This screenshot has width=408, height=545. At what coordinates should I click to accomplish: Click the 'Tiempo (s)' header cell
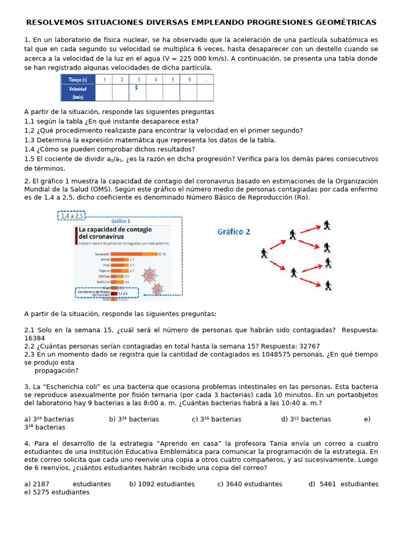click(x=78, y=79)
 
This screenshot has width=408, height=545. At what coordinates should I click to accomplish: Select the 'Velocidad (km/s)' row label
click(x=78, y=93)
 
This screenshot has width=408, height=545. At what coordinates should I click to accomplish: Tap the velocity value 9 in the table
click(x=137, y=88)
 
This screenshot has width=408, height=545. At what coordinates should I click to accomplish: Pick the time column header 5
click(x=172, y=79)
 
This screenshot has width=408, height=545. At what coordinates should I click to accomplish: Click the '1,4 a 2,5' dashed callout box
click(x=72, y=216)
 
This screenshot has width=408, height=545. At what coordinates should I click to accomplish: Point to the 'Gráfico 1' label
click(x=121, y=221)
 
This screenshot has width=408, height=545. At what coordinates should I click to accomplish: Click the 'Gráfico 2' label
click(x=234, y=232)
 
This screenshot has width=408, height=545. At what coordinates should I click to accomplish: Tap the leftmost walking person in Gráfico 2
click(x=265, y=253)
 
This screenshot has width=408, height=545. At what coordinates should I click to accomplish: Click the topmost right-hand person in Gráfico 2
click(x=327, y=225)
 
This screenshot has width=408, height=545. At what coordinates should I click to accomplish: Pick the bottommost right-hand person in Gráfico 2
click(x=328, y=285)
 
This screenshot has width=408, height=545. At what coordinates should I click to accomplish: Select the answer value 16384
click(x=35, y=338)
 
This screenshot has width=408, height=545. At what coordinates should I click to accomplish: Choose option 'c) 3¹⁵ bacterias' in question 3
click(x=217, y=419)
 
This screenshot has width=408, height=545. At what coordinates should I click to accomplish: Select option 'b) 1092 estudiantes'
click(x=162, y=484)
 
